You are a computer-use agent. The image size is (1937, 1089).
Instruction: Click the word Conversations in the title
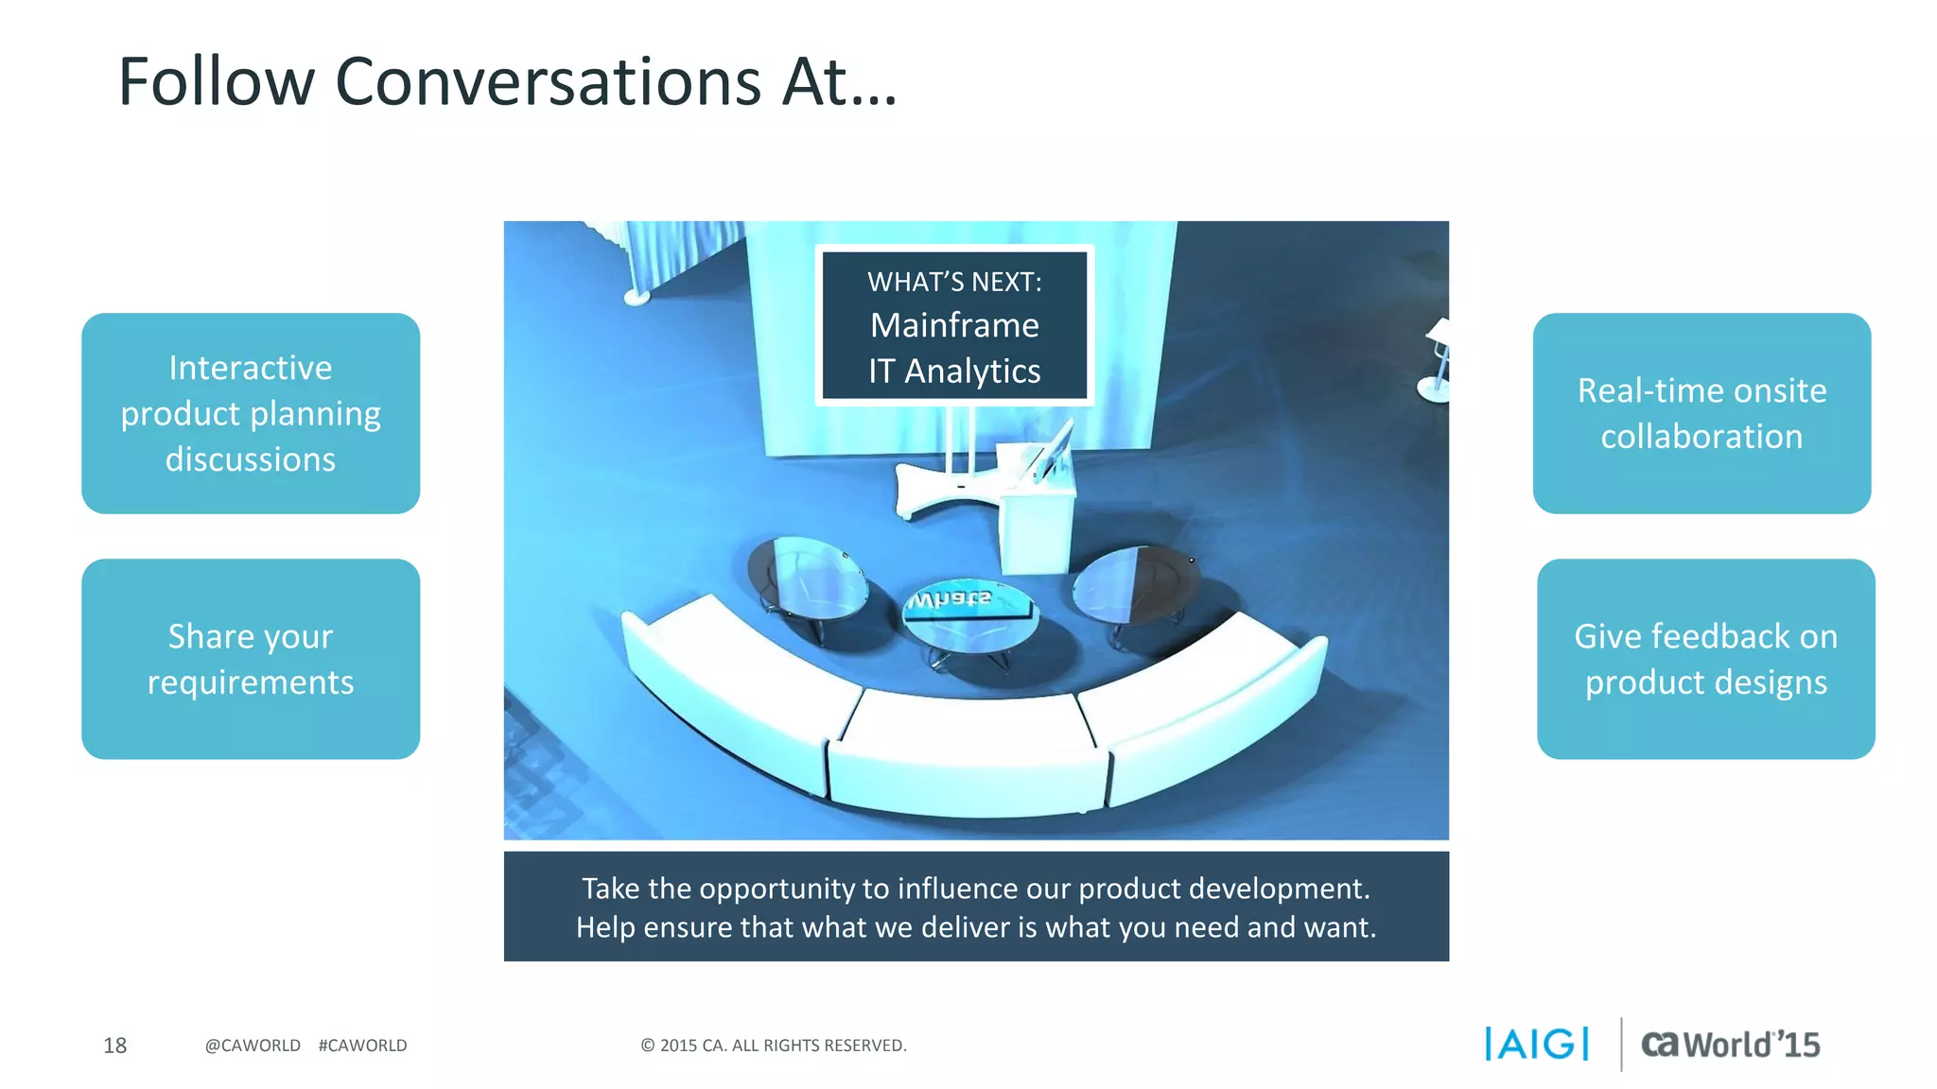[548, 82]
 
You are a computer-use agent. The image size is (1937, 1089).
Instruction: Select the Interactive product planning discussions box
[251, 413]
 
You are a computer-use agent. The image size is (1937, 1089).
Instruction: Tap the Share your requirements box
[251, 659]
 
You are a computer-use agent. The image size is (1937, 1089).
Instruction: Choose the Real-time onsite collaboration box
[1701, 413]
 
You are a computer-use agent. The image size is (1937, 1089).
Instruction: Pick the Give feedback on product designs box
[1705, 659]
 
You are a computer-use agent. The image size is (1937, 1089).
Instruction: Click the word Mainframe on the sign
[954, 325]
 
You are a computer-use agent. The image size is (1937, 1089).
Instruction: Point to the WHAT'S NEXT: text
[954, 282]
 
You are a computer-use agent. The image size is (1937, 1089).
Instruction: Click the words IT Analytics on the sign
[954, 372]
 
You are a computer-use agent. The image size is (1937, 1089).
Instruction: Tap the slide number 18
[114, 1046]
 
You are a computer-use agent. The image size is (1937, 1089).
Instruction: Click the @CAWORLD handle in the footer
[253, 1046]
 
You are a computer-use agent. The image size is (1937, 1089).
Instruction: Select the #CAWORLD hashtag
[362, 1046]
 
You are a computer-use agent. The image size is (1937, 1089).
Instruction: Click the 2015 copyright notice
[774, 1046]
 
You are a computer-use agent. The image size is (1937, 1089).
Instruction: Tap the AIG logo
[1537, 1045]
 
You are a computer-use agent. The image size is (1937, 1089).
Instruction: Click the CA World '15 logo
[1730, 1045]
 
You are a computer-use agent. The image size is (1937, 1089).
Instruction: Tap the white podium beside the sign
[1038, 515]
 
